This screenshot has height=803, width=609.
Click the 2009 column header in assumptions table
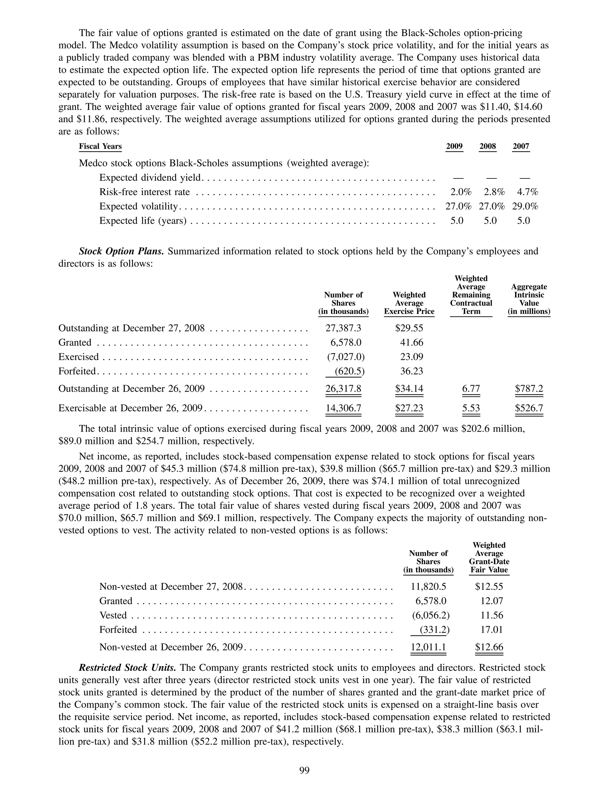(454, 146)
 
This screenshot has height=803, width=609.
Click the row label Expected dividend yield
(150, 178)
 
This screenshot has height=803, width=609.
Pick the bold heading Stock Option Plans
(121, 251)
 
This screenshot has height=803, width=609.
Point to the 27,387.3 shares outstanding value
(343, 328)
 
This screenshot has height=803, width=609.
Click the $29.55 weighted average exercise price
(409, 328)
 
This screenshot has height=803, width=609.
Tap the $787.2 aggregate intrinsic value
(529, 389)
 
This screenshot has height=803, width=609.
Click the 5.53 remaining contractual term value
(471, 408)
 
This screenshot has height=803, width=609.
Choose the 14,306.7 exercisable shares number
(343, 408)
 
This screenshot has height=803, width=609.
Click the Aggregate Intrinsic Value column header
(529, 299)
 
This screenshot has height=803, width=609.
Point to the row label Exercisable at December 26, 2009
(130, 408)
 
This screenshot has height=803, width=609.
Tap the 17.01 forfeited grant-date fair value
(492, 630)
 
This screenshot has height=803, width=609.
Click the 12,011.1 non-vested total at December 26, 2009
(428, 647)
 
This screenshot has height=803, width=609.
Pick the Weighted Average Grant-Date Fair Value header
(489, 557)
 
